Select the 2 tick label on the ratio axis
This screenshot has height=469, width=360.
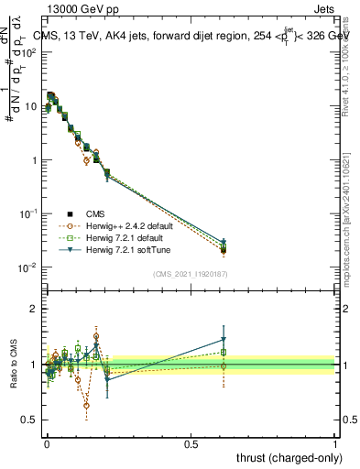pos(34,309)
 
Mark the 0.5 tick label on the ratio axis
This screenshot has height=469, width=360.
pos(31,420)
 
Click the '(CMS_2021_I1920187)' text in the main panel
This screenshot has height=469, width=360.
pos(191,272)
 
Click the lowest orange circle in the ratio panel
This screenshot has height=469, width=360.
pos(86,405)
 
